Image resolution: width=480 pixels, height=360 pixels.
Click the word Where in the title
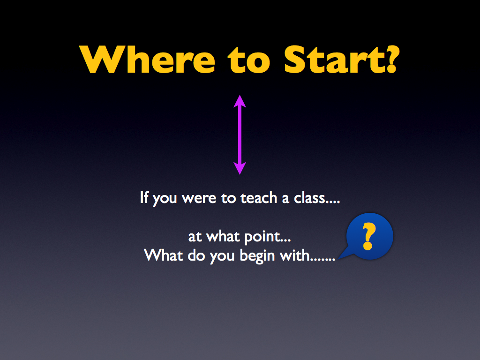pos(147,60)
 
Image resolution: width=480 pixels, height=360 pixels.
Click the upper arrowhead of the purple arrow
pos(240,101)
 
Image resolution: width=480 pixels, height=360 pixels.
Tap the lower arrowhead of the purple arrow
pos(240,168)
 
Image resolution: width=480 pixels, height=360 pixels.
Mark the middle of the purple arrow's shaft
pos(240,135)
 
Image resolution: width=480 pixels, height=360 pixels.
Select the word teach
pos(259,198)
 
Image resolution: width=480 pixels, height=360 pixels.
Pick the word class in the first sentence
pos(309,198)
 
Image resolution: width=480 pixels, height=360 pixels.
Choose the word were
pos(199,198)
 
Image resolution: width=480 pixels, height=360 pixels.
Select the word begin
pos(257,256)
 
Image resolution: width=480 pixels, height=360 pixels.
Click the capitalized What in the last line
pos(164,255)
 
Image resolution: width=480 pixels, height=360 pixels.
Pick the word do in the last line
pos(196,255)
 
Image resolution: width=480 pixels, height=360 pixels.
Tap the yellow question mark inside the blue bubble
pos(368,236)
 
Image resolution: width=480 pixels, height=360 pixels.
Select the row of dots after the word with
pos(323,260)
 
